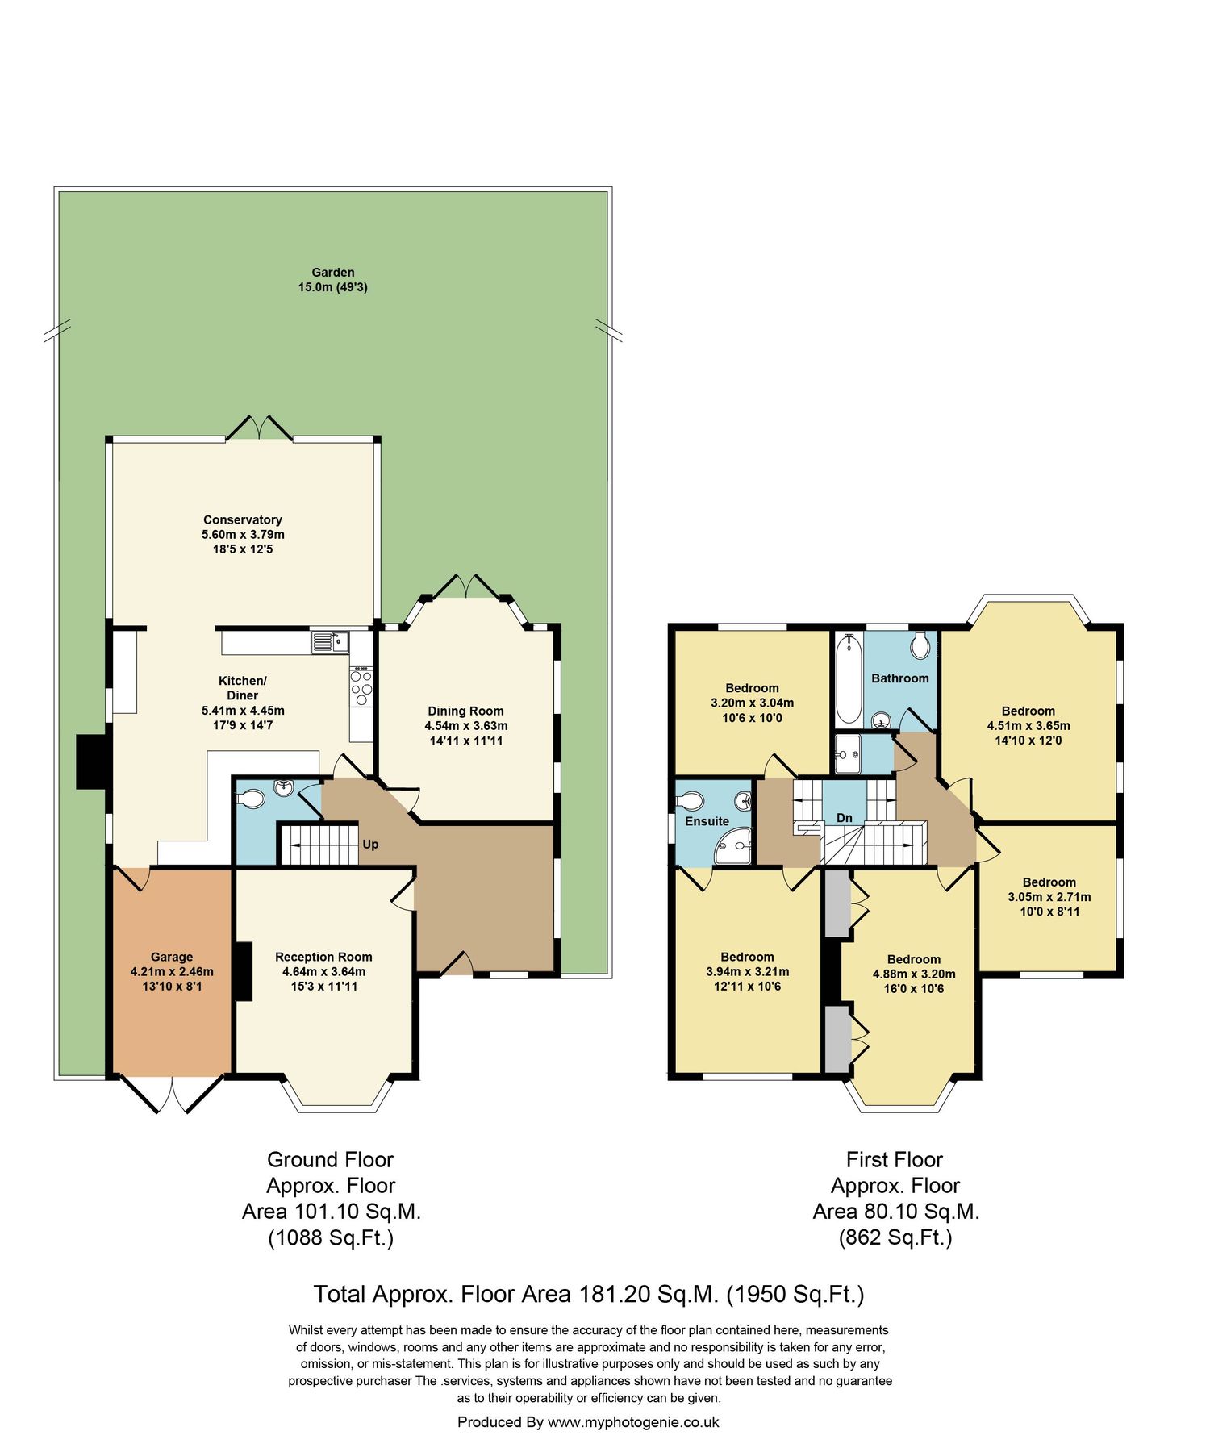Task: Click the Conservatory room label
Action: pyautogui.click(x=242, y=520)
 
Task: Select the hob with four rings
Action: pyautogui.click(x=361, y=688)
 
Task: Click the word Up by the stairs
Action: pyautogui.click(x=370, y=845)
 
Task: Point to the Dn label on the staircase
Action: pyautogui.click(x=844, y=818)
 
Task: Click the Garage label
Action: pyautogui.click(x=172, y=958)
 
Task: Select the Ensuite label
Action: pyautogui.click(x=707, y=821)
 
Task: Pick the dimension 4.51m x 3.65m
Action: pyautogui.click(x=1028, y=726)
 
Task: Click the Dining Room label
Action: pyautogui.click(x=465, y=711)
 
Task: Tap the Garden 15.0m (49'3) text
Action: pyautogui.click(x=332, y=280)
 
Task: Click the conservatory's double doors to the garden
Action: pyautogui.click(x=259, y=429)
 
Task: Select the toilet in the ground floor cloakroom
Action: pyautogui.click(x=252, y=799)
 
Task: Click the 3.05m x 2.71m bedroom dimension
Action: pyautogui.click(x=1049, y=897)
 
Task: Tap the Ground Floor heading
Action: pyautogui.click(x=330, y=1160)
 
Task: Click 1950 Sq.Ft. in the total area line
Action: pyautogui.click(x=795, y=1295)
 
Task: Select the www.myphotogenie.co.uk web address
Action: pyautogui.click(x=632, y=1422)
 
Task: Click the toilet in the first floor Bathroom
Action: pyautogui.click(x=920, y=645)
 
